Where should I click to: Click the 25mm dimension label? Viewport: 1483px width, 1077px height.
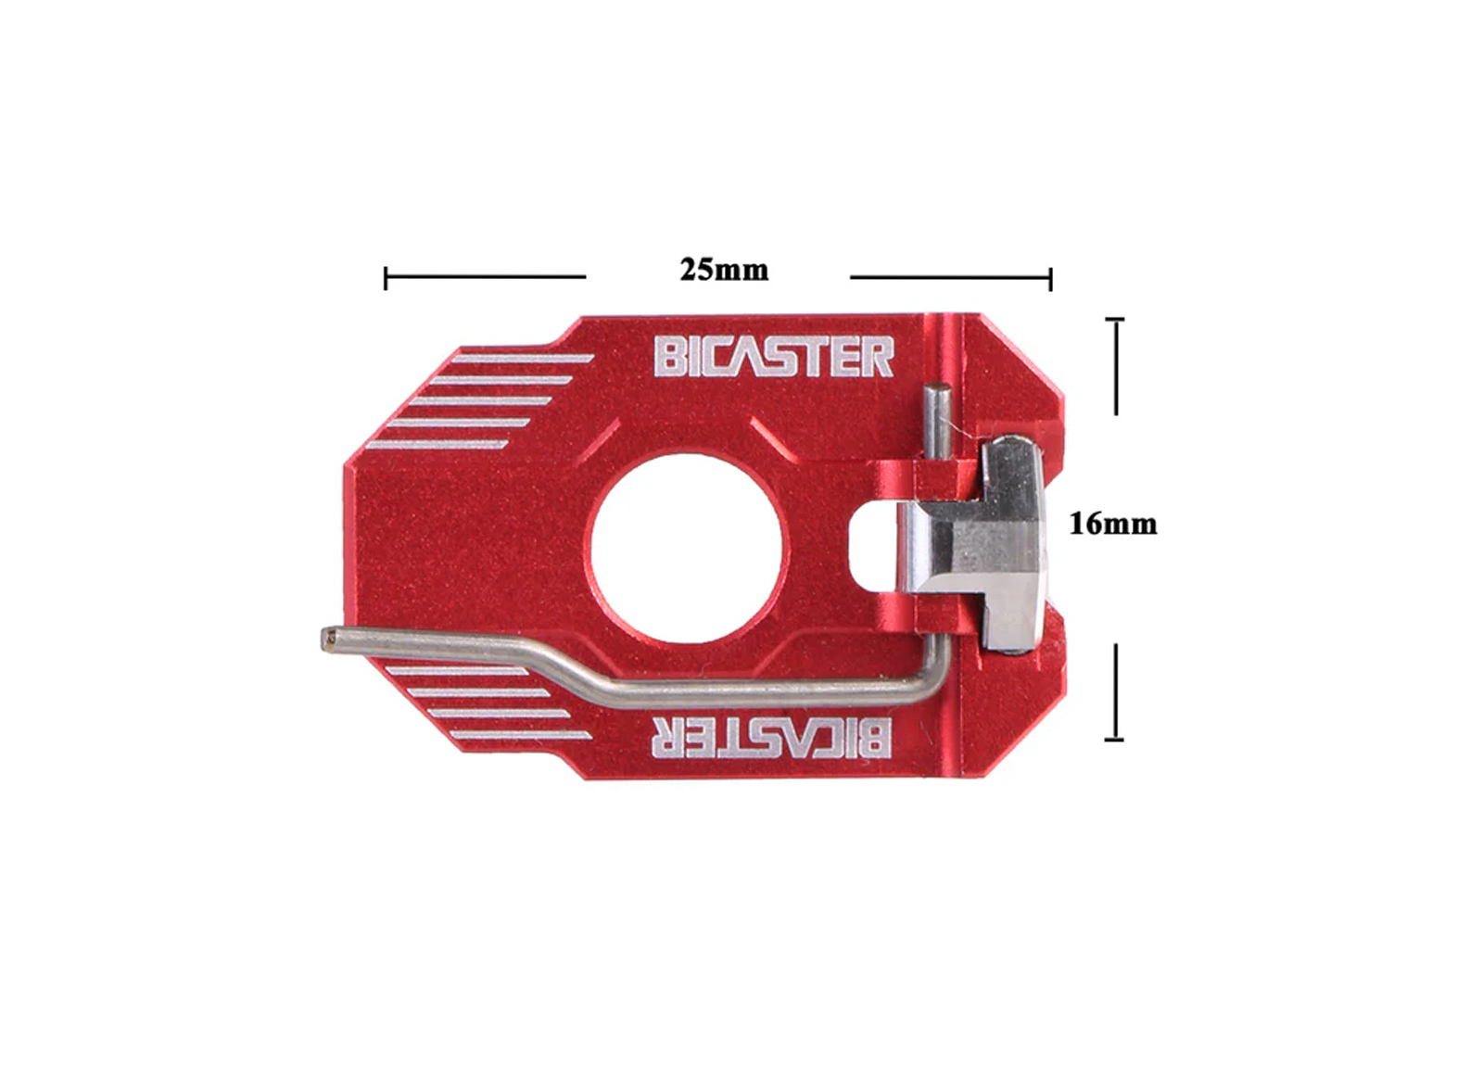pos(724,270)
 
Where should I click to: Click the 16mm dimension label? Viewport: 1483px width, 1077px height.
pos(1113,525)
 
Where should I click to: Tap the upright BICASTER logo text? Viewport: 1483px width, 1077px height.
pos(774,357)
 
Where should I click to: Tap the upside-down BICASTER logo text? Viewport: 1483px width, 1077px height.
pos(771,738)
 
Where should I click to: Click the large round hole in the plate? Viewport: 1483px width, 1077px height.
pos(687,548)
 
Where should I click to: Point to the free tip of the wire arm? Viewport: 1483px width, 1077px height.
pos(326,640)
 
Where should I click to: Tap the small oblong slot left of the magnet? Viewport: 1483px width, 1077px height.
pos(872,545)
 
